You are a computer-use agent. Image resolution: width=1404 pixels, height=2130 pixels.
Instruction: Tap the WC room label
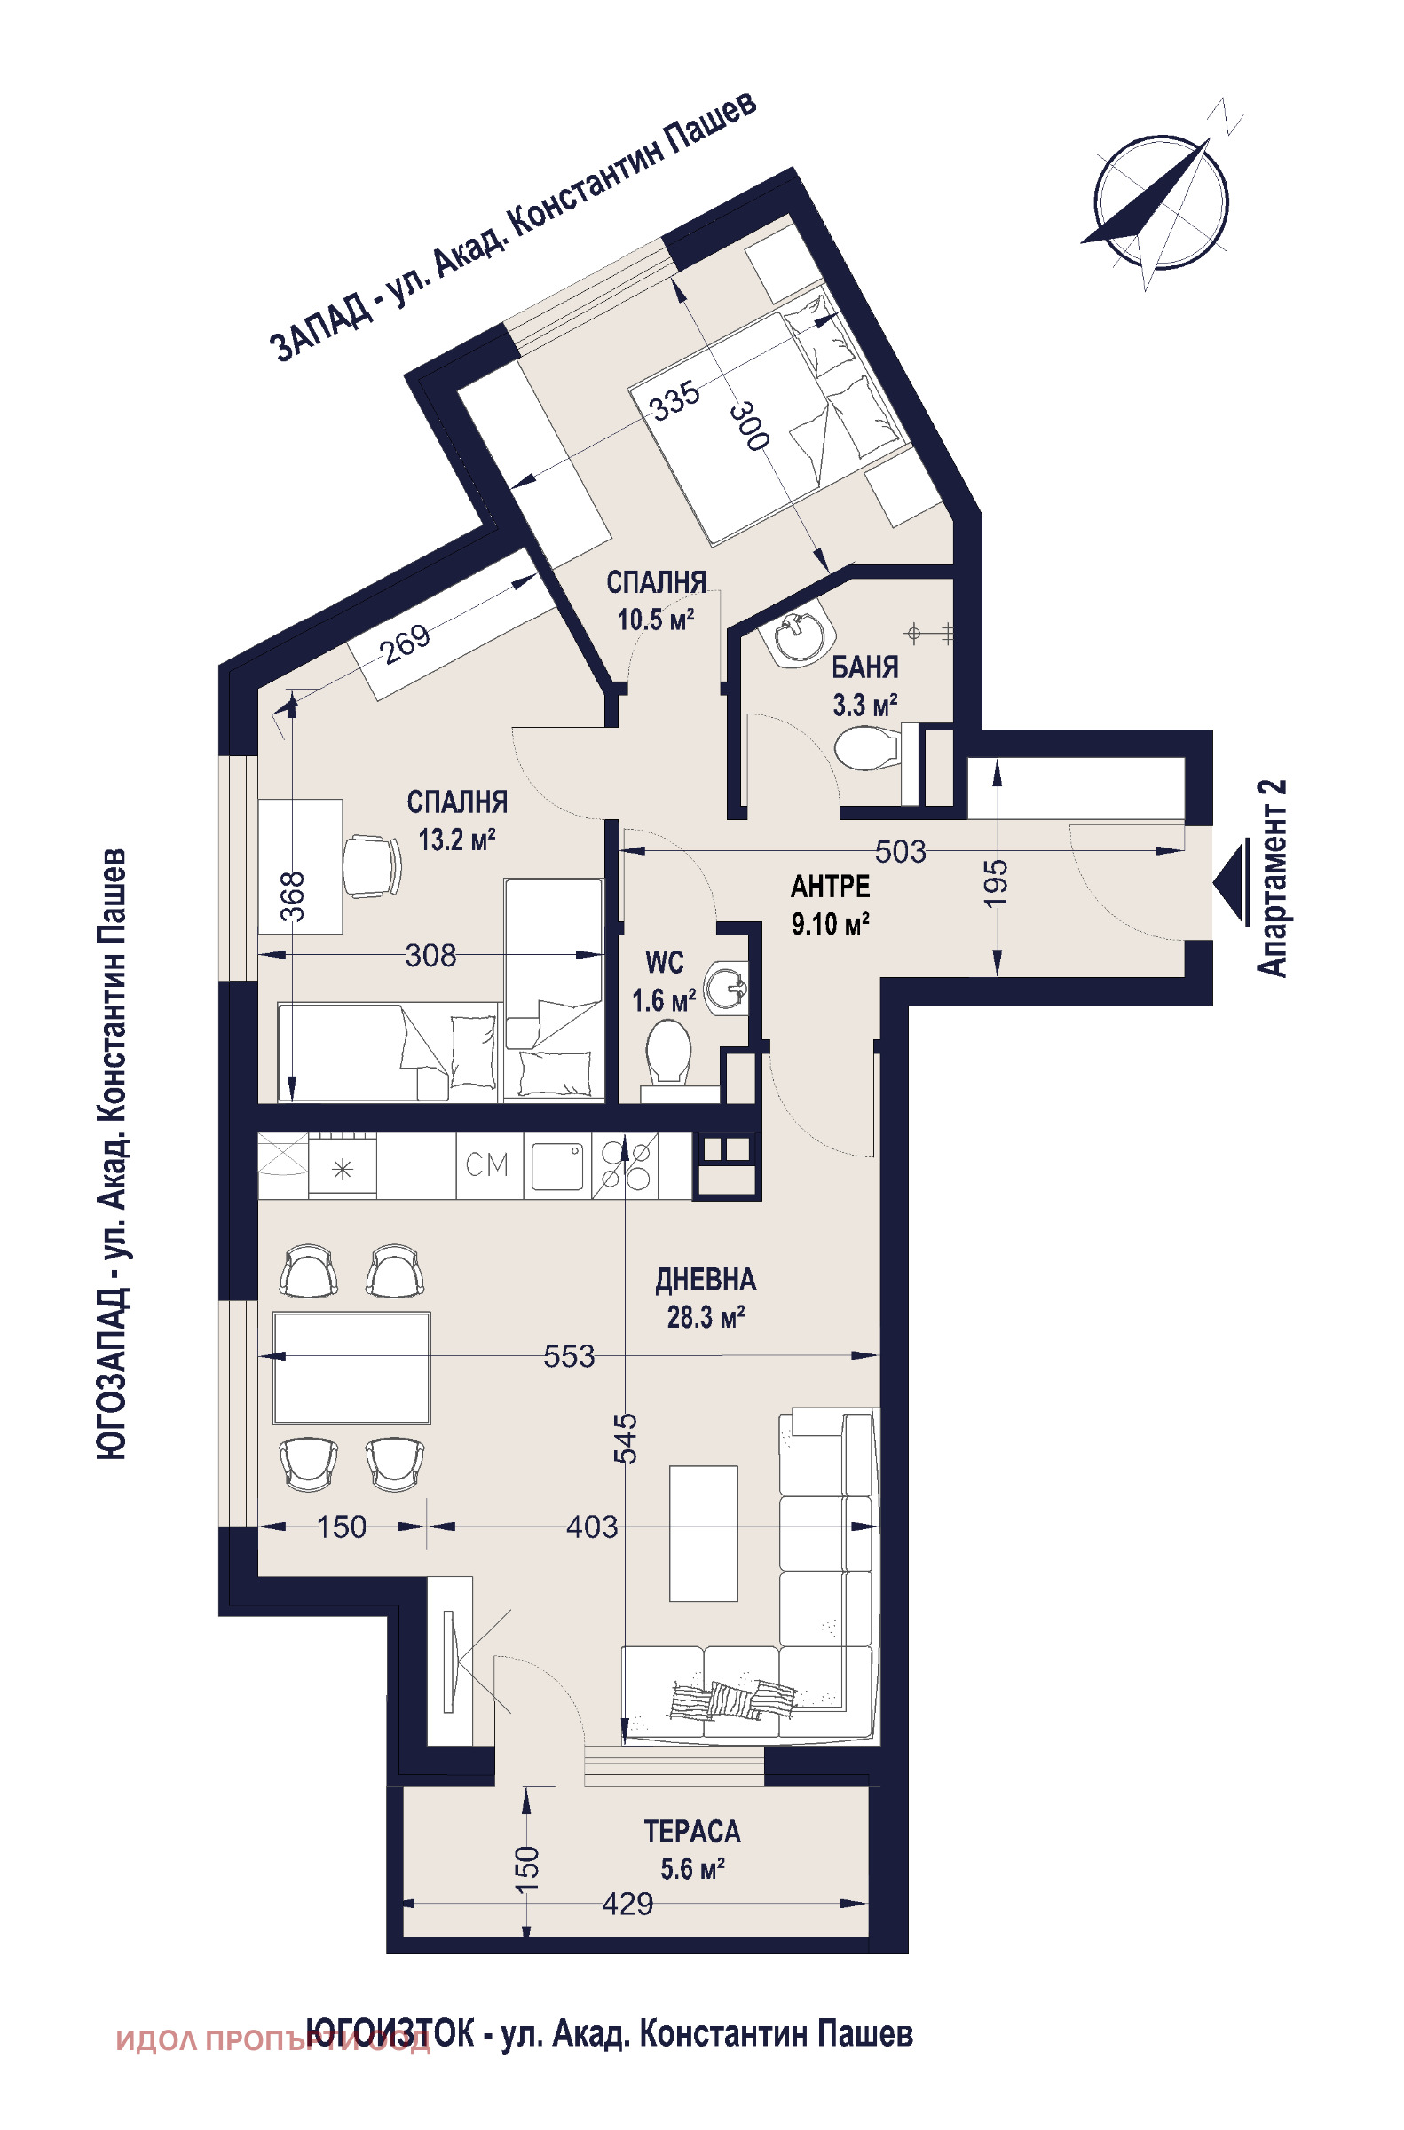click(665, 963)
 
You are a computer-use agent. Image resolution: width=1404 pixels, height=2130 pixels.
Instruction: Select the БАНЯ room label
click(865, 668)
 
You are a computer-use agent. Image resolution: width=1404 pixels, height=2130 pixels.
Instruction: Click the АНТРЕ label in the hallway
click(830, 887)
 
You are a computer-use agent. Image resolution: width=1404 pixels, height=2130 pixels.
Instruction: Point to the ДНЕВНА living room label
click(706, 1281)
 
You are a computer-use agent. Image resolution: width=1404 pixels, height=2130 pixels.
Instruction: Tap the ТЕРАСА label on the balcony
click(692, 1832)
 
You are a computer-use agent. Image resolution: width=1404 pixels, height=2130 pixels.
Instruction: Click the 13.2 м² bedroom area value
click(457, 840)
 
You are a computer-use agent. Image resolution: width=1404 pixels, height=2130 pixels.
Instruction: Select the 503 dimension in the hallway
click(900, 851)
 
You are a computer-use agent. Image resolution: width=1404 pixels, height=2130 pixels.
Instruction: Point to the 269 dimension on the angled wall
click(408, 643)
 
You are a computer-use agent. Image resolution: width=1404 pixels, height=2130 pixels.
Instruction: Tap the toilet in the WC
click(667, 1057)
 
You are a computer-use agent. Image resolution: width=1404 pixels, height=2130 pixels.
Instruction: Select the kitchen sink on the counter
click(557, 1165)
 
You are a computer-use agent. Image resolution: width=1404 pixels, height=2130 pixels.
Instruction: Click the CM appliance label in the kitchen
click(487, 1164)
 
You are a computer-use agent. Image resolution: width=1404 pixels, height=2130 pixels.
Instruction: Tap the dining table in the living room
click(352, 1367)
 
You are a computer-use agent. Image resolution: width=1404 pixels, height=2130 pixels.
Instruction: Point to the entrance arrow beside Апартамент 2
click(1230, 883)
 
